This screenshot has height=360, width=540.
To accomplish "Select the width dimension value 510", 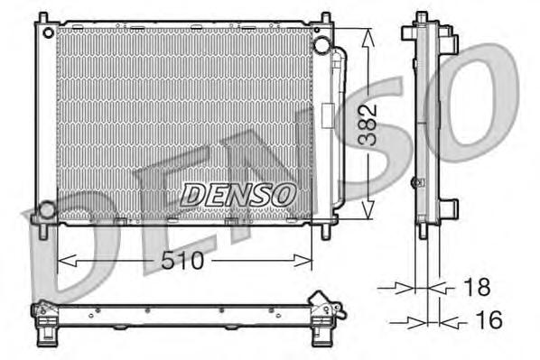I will [x=184, y=262].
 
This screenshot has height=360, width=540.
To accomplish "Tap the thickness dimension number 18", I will [x=476, y=288].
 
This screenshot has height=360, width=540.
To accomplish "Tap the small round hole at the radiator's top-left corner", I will [x=43, y=32].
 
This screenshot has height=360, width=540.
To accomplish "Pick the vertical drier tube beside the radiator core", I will [x=340, y=126].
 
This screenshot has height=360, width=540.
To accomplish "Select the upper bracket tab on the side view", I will [x=451, y=42].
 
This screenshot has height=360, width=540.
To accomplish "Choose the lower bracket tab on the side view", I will [x=449, y=210].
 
